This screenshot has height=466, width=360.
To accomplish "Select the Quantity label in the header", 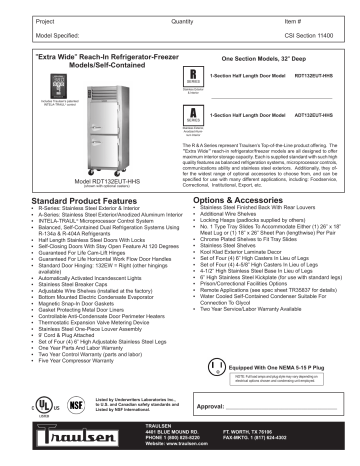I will click(x=186, y=20).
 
